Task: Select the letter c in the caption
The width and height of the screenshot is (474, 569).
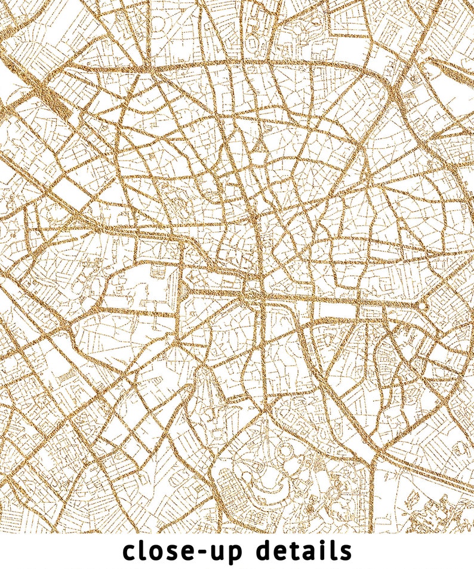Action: click(x=130, y=551)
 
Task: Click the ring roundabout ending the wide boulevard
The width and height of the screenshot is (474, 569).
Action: click(x=423, y=306)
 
